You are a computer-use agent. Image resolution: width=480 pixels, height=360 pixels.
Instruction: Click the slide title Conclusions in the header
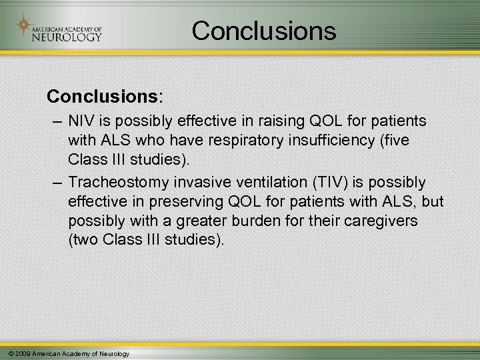point(265,30)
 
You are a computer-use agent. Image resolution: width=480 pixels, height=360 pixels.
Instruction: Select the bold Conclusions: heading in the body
point(103,96)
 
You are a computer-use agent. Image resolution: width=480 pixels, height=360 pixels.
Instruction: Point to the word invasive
point(213,183)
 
